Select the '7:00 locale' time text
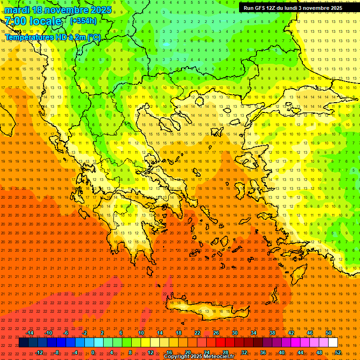(33, 21)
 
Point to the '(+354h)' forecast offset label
(83, 21)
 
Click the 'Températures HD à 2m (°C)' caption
(52, 37)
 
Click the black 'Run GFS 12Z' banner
(293, 8)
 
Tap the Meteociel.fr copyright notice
(199, 357)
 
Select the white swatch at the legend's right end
(333, 343)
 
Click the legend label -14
(30, 333)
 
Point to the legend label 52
(337, 352)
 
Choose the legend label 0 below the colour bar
(93, 352)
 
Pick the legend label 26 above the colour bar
(216, 333)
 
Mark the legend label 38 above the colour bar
(272, 333)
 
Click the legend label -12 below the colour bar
(39, 352)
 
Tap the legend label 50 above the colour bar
(328, 333)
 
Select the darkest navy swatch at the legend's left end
(23, 343)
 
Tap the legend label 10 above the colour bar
(141, 333)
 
